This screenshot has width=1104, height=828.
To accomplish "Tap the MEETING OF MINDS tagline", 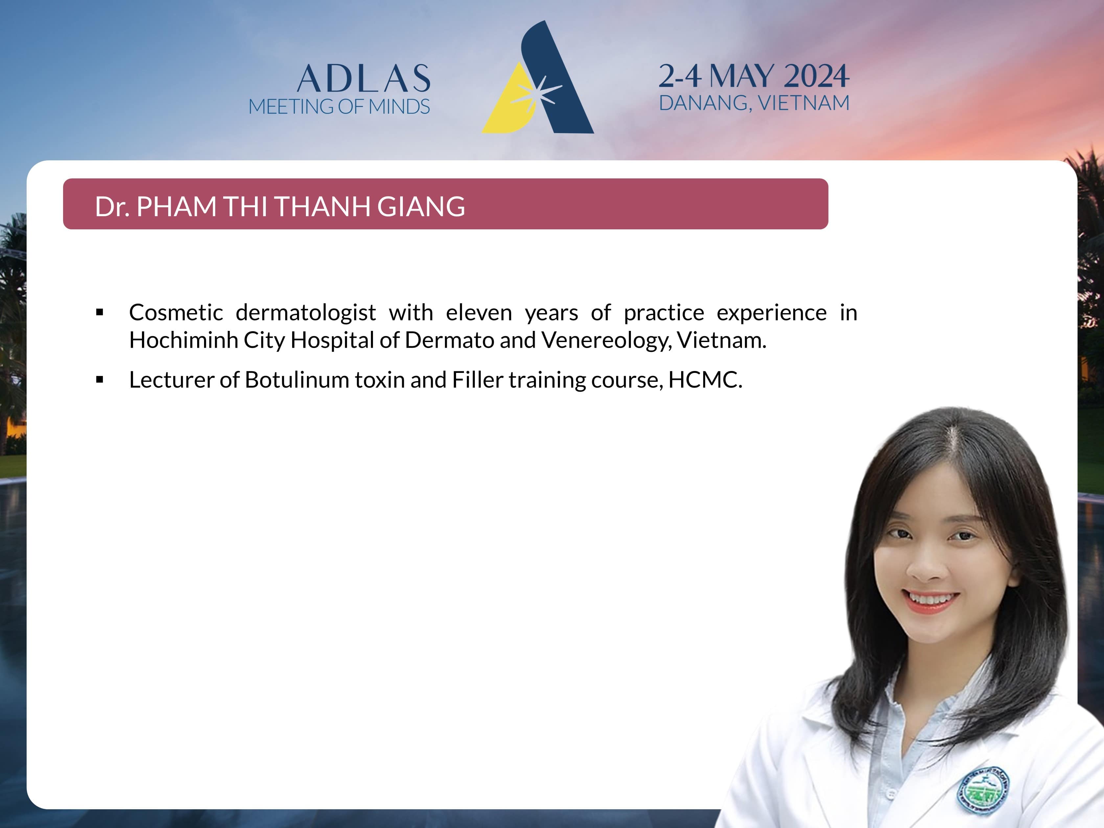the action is tap(339, 107).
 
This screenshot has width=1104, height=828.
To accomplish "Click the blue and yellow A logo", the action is tap(538, 77).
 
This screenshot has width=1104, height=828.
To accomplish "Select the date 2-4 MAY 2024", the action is tap(754, 76).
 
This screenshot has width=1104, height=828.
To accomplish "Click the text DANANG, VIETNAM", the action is tap(754, 103).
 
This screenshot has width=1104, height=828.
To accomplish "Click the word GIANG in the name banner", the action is tap(421, 207).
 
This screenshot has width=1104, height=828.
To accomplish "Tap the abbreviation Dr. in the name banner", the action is tap(112, 207).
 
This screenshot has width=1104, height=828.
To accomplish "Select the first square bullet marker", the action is tap(100, 312).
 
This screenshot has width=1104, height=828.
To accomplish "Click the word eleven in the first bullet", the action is tap(479, 313).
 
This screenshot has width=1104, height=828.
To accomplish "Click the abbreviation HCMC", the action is tap(705, 380).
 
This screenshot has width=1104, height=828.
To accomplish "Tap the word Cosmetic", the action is tap(176, 313).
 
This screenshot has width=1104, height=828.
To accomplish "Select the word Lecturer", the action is tap(172, 380).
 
